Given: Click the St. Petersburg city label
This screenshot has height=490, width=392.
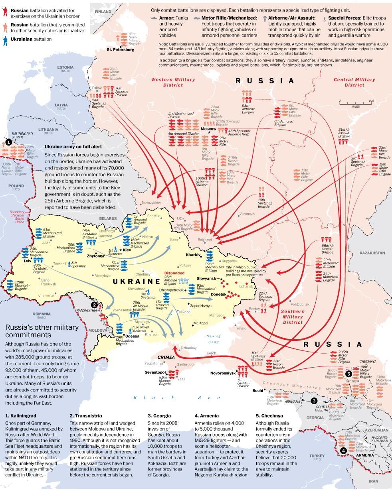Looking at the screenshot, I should tap(120, 50).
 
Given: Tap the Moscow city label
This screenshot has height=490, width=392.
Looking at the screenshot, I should tap(208, 129).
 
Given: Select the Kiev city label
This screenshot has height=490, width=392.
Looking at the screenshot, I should tap(127, 250).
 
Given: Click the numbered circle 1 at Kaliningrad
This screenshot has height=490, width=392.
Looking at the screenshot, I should tap(8, 142).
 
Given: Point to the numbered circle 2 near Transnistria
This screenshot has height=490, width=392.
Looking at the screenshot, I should tap(94, 305).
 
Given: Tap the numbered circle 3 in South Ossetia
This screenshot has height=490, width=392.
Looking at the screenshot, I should tap(314, 401).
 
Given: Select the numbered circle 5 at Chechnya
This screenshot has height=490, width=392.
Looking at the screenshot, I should tap(348, 374).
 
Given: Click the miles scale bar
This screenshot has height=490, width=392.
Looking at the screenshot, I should tap(355, 103).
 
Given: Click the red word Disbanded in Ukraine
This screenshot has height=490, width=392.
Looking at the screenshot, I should tap(174, 273).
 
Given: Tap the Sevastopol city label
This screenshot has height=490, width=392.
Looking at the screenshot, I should tap(155, 372).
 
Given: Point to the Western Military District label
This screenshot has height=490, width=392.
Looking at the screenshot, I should tap(167, 82).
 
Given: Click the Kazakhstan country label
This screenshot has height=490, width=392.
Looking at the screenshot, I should tap(372, 253).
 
